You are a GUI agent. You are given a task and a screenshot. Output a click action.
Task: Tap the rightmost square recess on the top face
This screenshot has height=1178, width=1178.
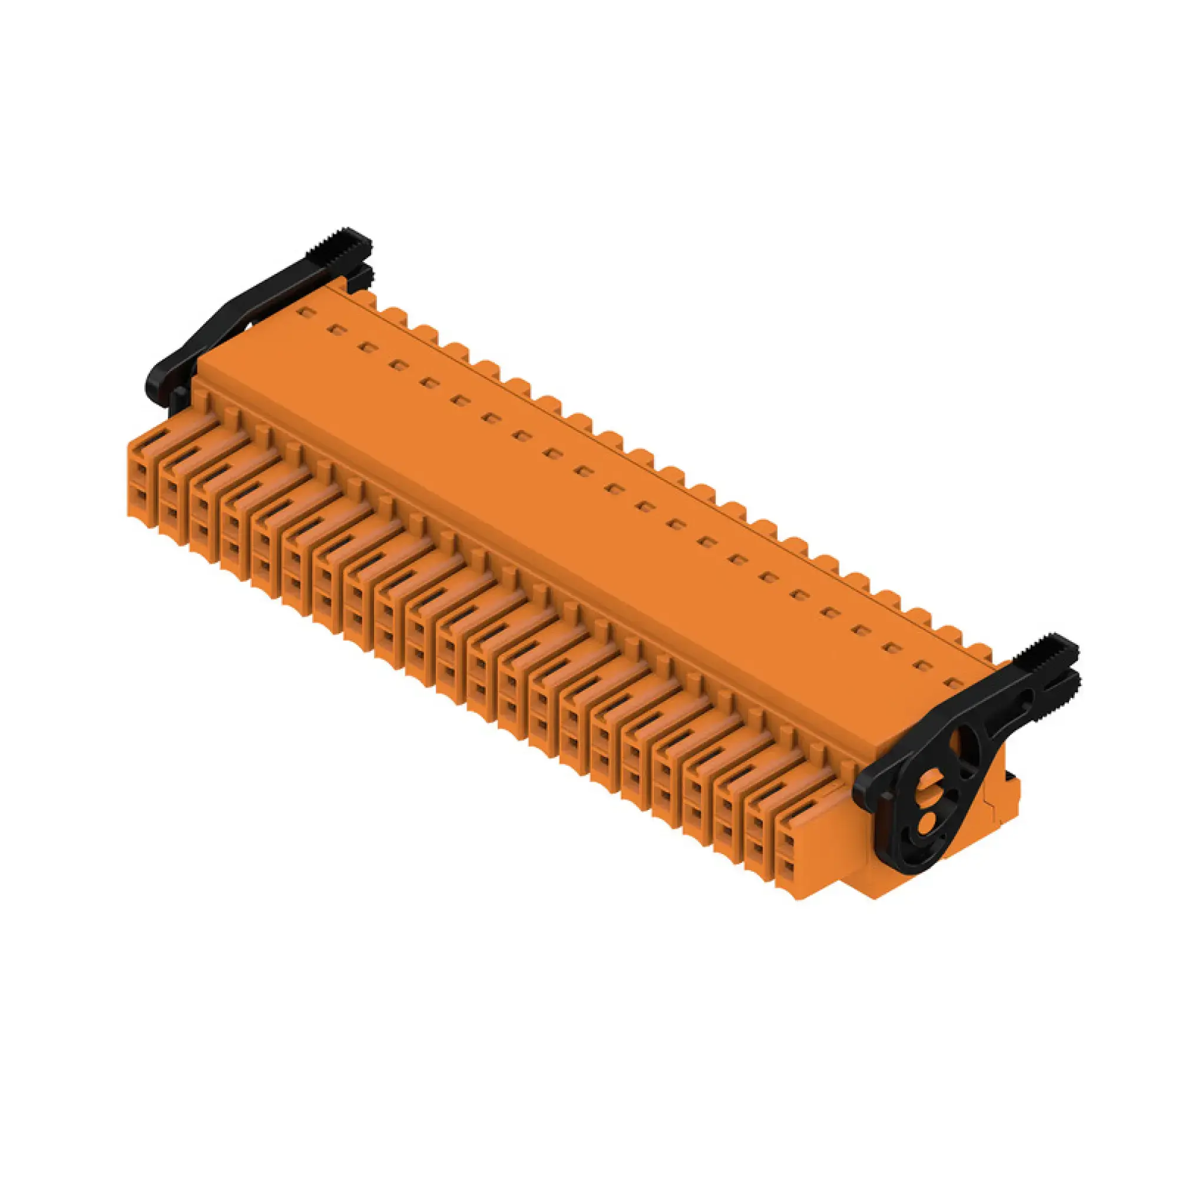[x=951, y=683]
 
